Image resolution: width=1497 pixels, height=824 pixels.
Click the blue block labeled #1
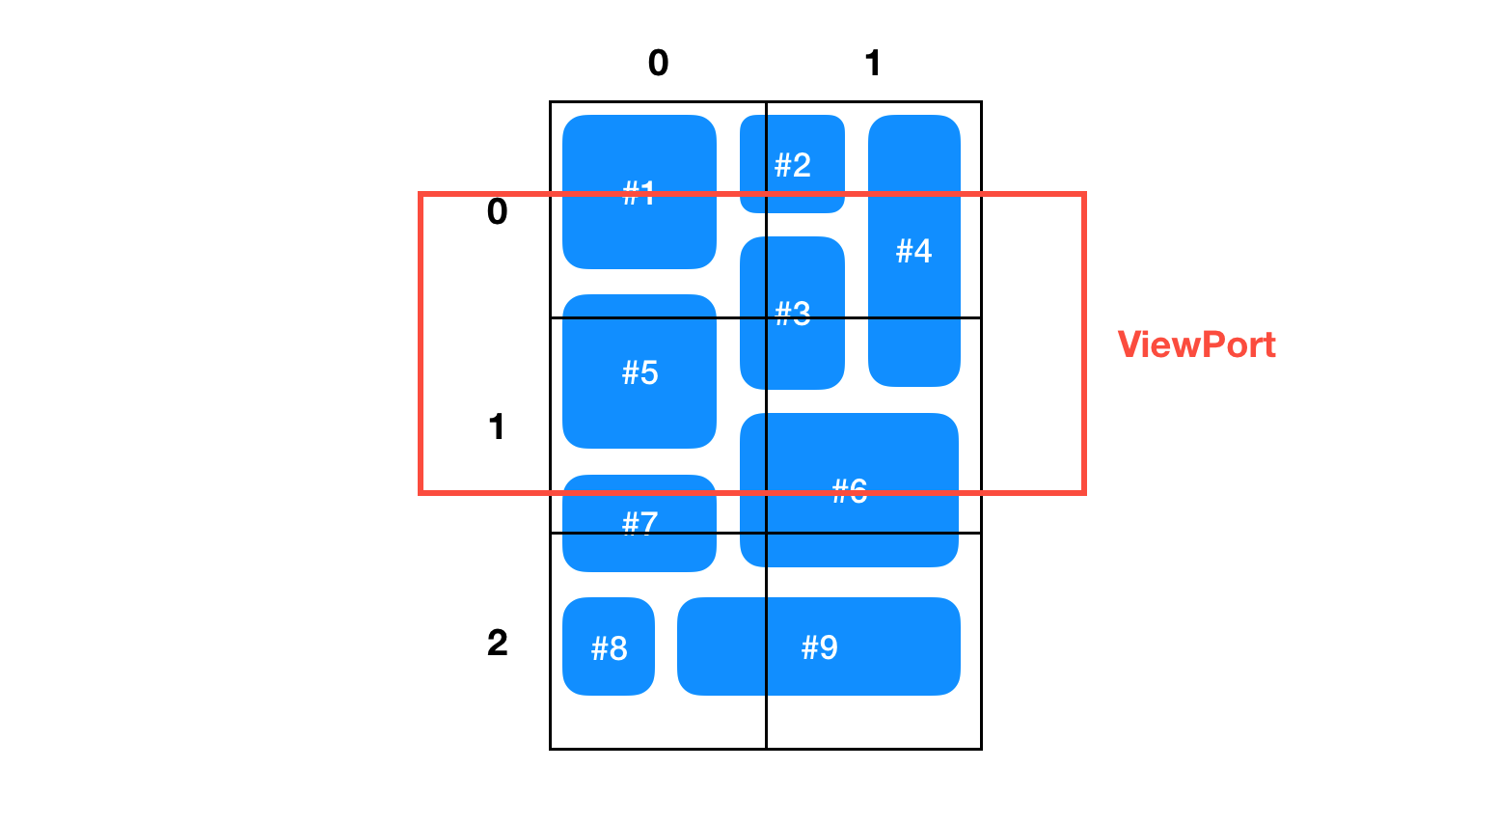click(x=639, y=192)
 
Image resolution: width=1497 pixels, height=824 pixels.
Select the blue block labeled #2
click(x=792, y=164)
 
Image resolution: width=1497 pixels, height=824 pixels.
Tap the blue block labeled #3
click(x=792, y=313)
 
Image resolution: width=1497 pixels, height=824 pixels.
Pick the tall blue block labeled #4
click(x=913, y=251)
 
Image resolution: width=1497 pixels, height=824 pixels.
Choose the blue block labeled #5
click(x=639, y=371)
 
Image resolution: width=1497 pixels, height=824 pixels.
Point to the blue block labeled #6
click(x=849, y=490)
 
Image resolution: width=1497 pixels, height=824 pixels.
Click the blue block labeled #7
click(x=639, y=523)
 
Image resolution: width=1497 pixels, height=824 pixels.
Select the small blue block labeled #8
click(x=608, y=646)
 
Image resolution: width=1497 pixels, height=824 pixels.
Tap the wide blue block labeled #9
click(x=819, y=646)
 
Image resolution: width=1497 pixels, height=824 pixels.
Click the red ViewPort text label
click(x=1196, y=344)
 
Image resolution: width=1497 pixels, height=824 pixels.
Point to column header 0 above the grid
click(x=658, y=63)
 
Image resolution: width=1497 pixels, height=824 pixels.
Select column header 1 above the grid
click(x=873, y=63)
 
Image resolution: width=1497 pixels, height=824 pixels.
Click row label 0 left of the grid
click(x=497, y=211)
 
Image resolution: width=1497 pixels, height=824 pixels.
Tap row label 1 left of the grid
click(x=496, y=426)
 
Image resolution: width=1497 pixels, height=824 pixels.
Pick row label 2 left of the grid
click(x=497, y=643)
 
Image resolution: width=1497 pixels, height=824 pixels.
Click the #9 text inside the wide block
click(x=819, y=646)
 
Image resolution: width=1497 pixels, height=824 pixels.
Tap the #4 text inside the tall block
click(x=913, y=251)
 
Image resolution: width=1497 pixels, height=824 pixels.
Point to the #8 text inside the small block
click(x=609, y=648)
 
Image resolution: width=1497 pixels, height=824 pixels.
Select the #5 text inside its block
click(x=640, y=372)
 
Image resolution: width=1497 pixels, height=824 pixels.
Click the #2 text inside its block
click(x=793, y=165)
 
